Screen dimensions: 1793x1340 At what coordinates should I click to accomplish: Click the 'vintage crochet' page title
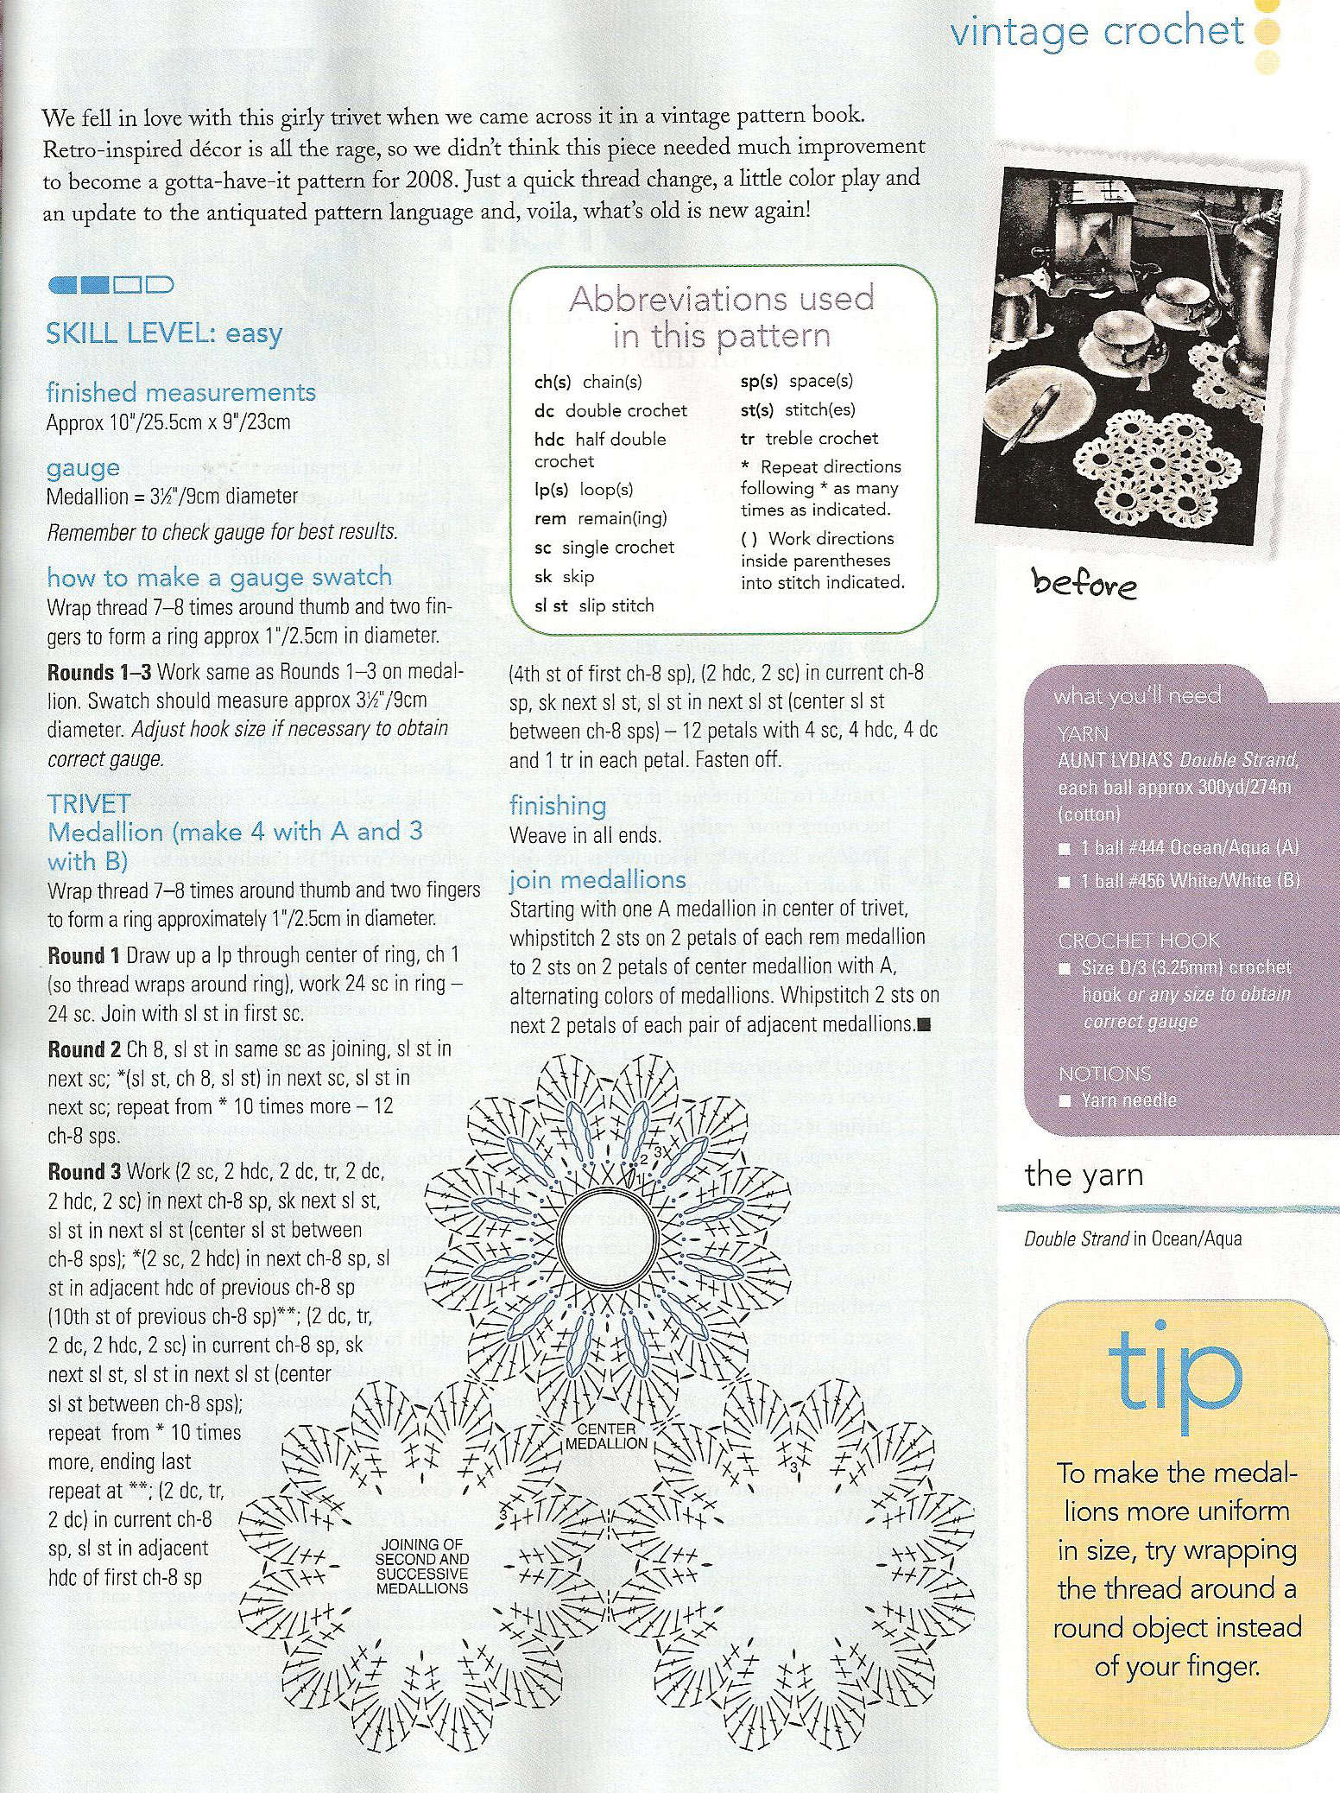click(1097, 33)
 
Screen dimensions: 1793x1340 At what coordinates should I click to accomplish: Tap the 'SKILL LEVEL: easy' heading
click(164, 333)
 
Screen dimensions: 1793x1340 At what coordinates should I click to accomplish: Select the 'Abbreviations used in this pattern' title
click(722, 317)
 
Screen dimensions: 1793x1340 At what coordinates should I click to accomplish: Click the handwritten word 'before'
click(1084, 585)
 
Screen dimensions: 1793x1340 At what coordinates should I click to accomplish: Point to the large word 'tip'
click(1175, 1371)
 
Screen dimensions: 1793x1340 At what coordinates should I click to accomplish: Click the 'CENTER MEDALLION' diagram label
click(605, 1436)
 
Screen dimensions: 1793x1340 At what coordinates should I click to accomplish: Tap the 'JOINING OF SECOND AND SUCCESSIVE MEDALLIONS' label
click(421, 1566)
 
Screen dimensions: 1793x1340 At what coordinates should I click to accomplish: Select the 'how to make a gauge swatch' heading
click(219, 577)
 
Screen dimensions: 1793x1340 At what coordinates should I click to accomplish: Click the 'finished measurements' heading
click(180, 393)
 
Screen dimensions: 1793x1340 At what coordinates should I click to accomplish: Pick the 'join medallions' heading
click(597, 880)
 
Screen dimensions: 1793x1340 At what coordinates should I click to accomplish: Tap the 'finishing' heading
click(558, 806)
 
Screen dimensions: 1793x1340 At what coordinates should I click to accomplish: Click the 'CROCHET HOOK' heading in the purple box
click(1137, 941)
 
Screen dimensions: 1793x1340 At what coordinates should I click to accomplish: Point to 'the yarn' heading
click(1084, 1175)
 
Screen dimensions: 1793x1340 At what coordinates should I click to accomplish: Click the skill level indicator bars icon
click(111, 284)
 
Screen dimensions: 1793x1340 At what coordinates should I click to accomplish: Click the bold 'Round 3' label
click(84, 1172)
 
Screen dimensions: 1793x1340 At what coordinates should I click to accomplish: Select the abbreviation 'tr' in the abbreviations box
click(747, 439)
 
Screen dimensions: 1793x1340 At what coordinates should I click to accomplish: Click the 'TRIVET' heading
click(89, 804)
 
